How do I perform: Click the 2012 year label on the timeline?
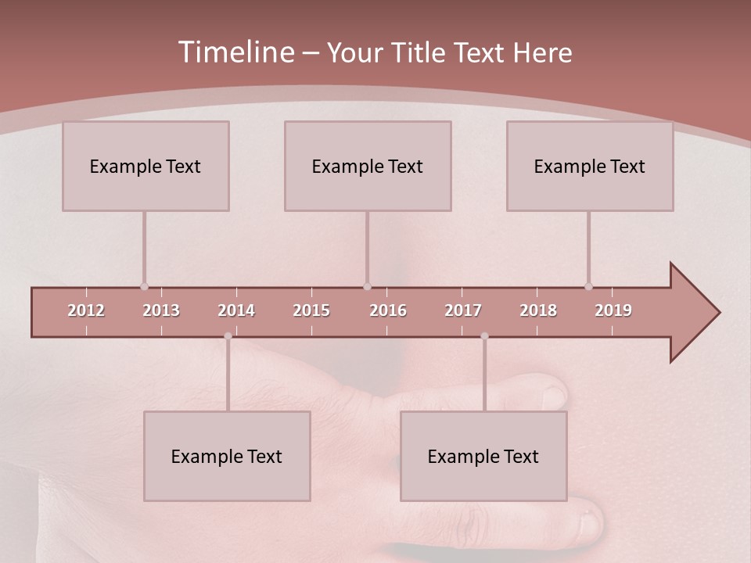[x=86, y=310]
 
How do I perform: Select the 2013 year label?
[x=161, y=310]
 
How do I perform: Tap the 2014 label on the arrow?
[x=236, y=310]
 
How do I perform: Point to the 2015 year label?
[x=311, y=310]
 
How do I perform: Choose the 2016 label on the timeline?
[x=388, y=310]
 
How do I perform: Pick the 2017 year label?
[x=463, y=310]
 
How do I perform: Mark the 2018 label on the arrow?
[x=538, y=310]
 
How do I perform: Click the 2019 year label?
[x=613, y=310]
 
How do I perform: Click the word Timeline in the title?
[x=235, y=52]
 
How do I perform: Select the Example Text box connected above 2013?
[x=146, y=166]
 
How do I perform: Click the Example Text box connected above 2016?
[x=368, y=166]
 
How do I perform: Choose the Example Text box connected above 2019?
[x=590, y=166]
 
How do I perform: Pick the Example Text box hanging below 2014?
[x=227, y=456]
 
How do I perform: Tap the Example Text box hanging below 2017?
[x=483, y=456]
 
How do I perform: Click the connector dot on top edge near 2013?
[x=144, y=286]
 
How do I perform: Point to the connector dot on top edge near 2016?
[x=367, y=286]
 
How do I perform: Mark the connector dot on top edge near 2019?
[x=588, y=286]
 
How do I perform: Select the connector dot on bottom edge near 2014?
[x=228, y=336]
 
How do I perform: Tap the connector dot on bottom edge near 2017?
[x=484, y=336]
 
